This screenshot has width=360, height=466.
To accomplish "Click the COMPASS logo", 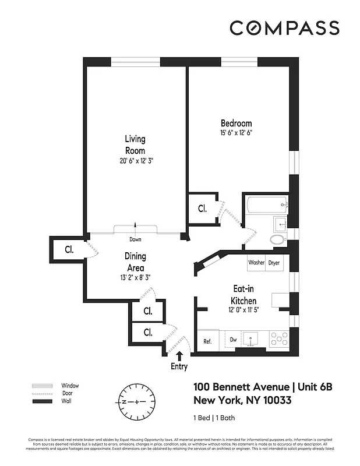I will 284,28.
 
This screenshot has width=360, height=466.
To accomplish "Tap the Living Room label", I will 135,144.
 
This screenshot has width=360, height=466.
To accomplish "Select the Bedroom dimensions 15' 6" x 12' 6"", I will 236,133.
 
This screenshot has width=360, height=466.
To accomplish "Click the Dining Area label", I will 135,262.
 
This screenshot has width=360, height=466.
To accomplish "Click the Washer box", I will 256,263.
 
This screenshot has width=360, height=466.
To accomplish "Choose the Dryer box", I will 274,263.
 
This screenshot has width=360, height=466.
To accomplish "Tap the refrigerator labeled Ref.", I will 207,341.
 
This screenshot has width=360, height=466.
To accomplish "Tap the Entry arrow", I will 179,355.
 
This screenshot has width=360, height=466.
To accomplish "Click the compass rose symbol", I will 137,403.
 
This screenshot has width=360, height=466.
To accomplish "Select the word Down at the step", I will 135,239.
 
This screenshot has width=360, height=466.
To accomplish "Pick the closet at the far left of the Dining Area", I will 69,250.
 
